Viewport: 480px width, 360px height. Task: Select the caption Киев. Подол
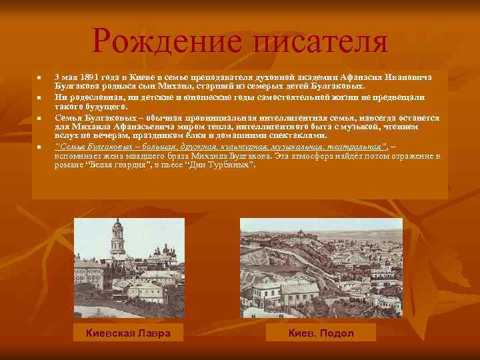click(x=321, y=333)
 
